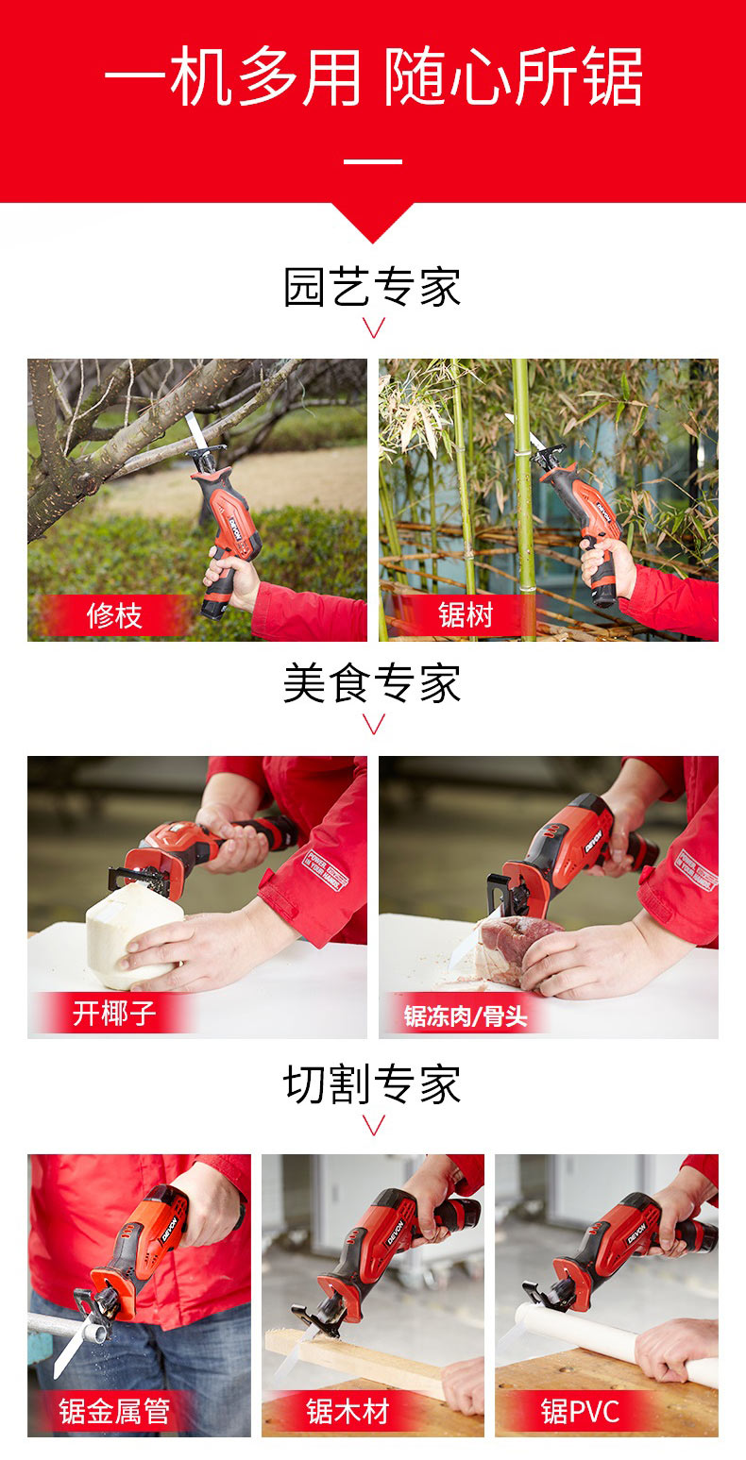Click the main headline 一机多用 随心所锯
click(373, 76)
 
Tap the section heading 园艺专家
click(372, 288)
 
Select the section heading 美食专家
click(372, 683)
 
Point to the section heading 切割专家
click(372, 1084)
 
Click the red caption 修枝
click(115, 615)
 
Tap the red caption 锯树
click(466, 614)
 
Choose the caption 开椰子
click(114, 1014)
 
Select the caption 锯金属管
click(115, 1411)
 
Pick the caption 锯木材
click(348, 1411)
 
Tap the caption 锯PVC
click(581, 1412)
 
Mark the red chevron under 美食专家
click(373, 724)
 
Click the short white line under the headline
click(373, 161)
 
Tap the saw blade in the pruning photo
click(195, 429)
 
